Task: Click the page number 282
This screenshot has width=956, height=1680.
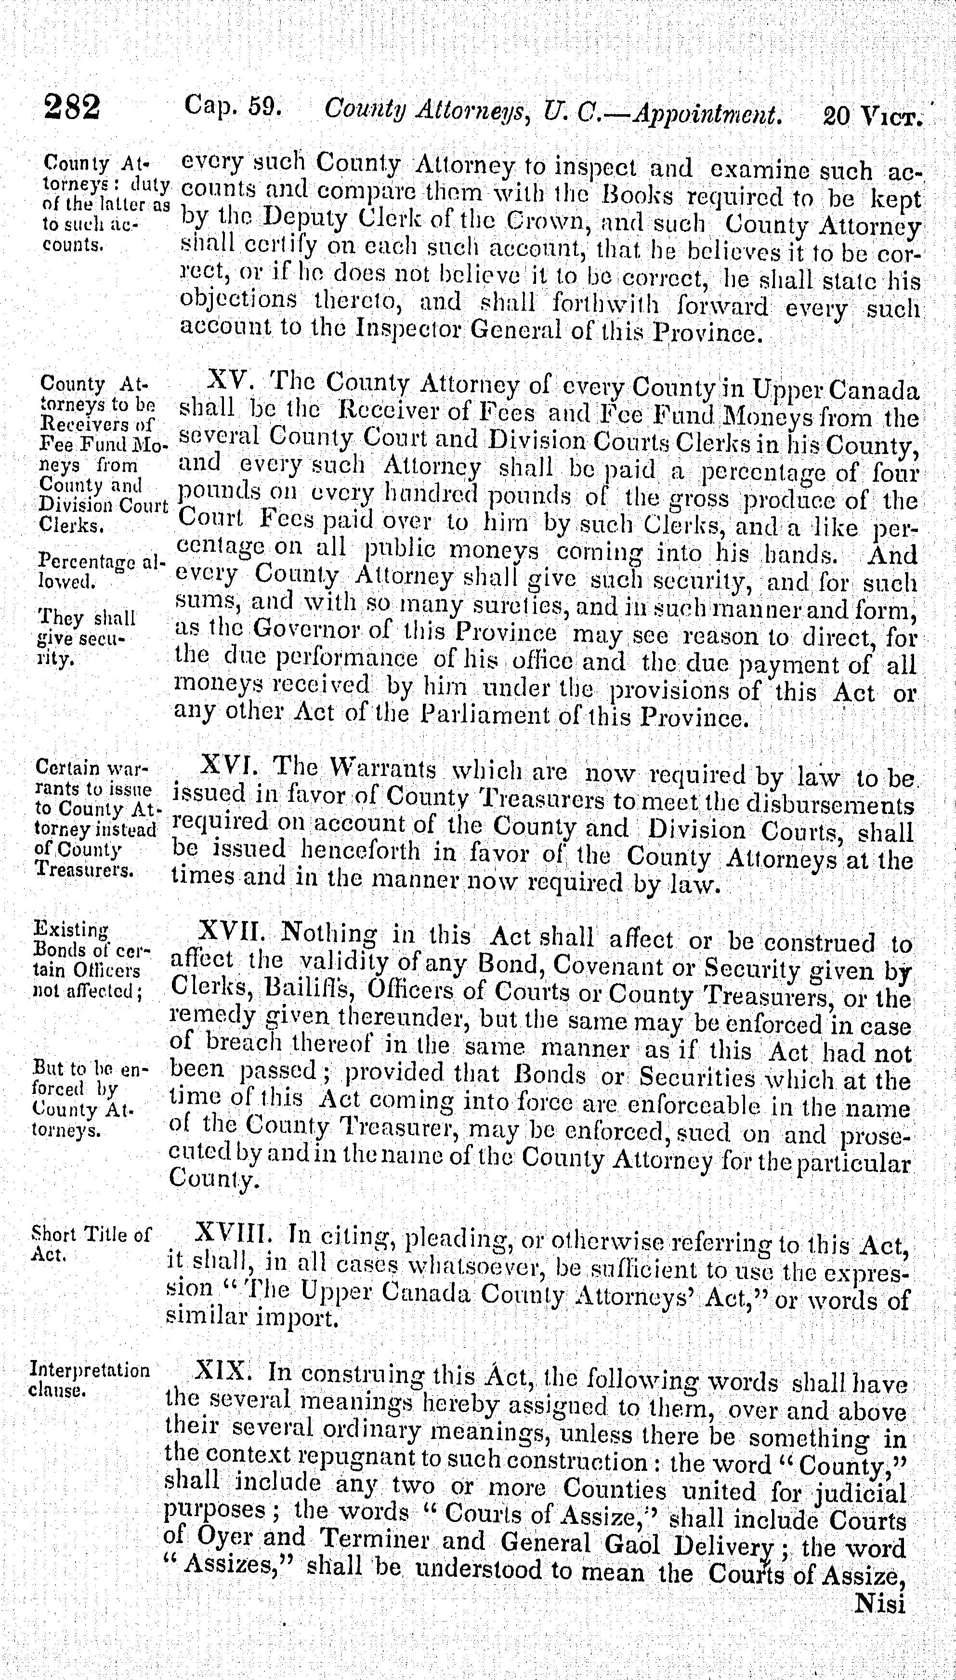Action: [x=72, y=107]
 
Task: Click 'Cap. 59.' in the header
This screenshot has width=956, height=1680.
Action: [x=233, y=105]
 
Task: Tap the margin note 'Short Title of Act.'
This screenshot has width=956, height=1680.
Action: [x=90, y=1244]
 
